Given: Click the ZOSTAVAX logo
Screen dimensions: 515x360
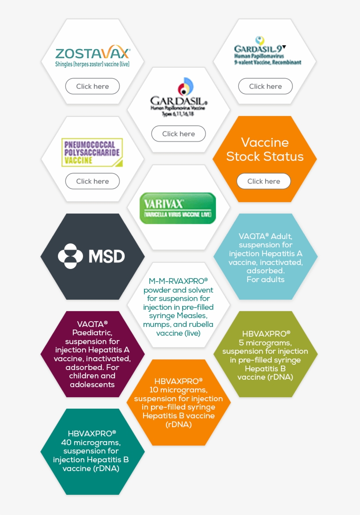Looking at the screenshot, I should pyautogui.click(x=93, y=54).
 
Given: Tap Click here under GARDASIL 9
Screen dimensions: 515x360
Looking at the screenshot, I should pyautogui.click(x=265, y=86).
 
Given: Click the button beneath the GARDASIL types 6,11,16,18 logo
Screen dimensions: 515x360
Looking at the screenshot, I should pyautogui.click(x=178, y=134).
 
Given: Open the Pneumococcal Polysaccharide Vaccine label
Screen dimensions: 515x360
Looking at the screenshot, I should pyautogui.click(x=92, y=152).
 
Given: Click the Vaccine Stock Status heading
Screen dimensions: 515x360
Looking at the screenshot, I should pyautogui.click(x=265, y=149).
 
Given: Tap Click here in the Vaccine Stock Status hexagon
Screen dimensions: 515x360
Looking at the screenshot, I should pyautogui.click(x=263, y=181).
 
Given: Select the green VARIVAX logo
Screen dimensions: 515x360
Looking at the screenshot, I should pyautogui.click(x=178, y=208).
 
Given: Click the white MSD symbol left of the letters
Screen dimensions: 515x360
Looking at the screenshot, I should pyautogui.click(x=70, y=256).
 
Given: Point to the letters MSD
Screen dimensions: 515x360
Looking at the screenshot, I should pyautogui.click(x=107, y=256).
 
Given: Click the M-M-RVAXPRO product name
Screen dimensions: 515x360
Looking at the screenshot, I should pyautogui.click(x=178, y=281).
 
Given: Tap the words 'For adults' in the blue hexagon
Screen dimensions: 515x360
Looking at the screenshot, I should pyautogui.click(x=265, y=279).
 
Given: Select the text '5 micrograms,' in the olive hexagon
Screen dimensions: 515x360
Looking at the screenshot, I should pyautogui.click(x=266, y=342).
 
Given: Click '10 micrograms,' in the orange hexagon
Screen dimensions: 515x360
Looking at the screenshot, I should pyautogui.click(x=178, y=390).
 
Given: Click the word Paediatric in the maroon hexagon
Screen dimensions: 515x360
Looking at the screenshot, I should pyautogui.click(x=92, y=332).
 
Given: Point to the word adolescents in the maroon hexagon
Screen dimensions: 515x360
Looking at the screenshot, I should pyautogui.click(x=92, y=384).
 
